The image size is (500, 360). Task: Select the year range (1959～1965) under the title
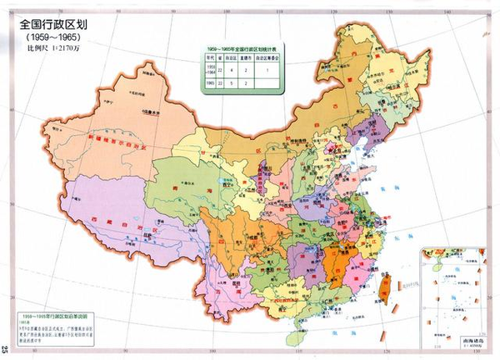55,39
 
